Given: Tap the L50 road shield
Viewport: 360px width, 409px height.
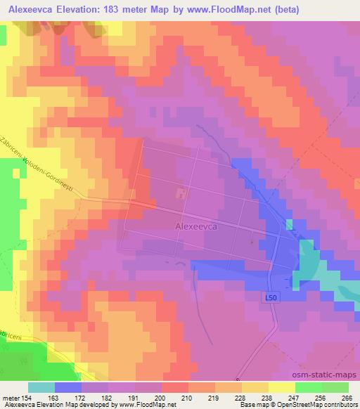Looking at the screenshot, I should coord(273,298).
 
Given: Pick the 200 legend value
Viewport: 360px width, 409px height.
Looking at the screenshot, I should coord(161,398).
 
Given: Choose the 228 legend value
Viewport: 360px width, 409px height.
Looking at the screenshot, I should coord(241,398).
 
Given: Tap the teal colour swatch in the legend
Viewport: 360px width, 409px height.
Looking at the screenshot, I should coord(41,387).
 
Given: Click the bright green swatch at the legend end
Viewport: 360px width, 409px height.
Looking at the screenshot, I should coord(335,387).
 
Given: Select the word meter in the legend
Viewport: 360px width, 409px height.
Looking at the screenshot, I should coord(10,398).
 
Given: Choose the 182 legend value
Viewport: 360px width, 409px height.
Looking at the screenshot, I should coord(108,398).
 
